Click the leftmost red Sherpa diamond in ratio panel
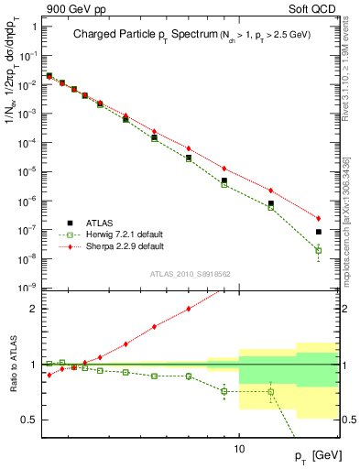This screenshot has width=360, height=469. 49,375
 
